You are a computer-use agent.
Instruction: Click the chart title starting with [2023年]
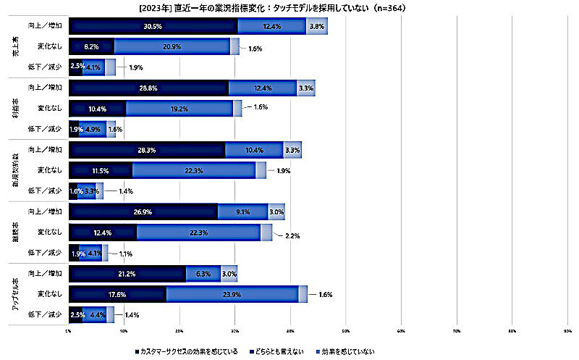pos(289,9)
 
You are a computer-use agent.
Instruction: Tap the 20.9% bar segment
pos(172,46)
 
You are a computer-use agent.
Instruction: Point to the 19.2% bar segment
pos(179,109)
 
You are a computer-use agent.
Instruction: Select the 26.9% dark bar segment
pos(143,212)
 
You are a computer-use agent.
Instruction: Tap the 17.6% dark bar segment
pos(117,294)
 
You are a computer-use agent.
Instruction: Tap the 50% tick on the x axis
pos(346,332)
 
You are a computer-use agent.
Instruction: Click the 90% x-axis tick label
pos(567,332)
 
